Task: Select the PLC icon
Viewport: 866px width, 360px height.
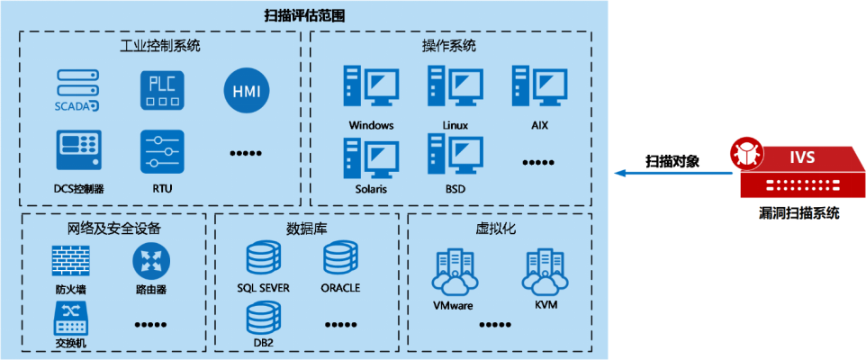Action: point(160,89)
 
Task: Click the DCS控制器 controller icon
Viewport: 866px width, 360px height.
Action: point(78,150)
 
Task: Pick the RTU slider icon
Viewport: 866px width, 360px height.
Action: point(160,150)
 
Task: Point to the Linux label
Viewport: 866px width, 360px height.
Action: point(456,125)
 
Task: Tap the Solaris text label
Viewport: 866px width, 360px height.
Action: point(371,189)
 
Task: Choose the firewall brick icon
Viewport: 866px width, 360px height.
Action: point(70,261)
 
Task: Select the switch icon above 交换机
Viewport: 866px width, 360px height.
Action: point(71,319)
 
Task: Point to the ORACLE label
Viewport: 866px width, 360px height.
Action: point(340,288)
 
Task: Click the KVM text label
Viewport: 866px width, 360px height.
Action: point(546,304)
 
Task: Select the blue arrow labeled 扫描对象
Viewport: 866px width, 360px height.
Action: point(674,174)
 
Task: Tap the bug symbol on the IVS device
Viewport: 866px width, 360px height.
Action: point(745,152)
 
